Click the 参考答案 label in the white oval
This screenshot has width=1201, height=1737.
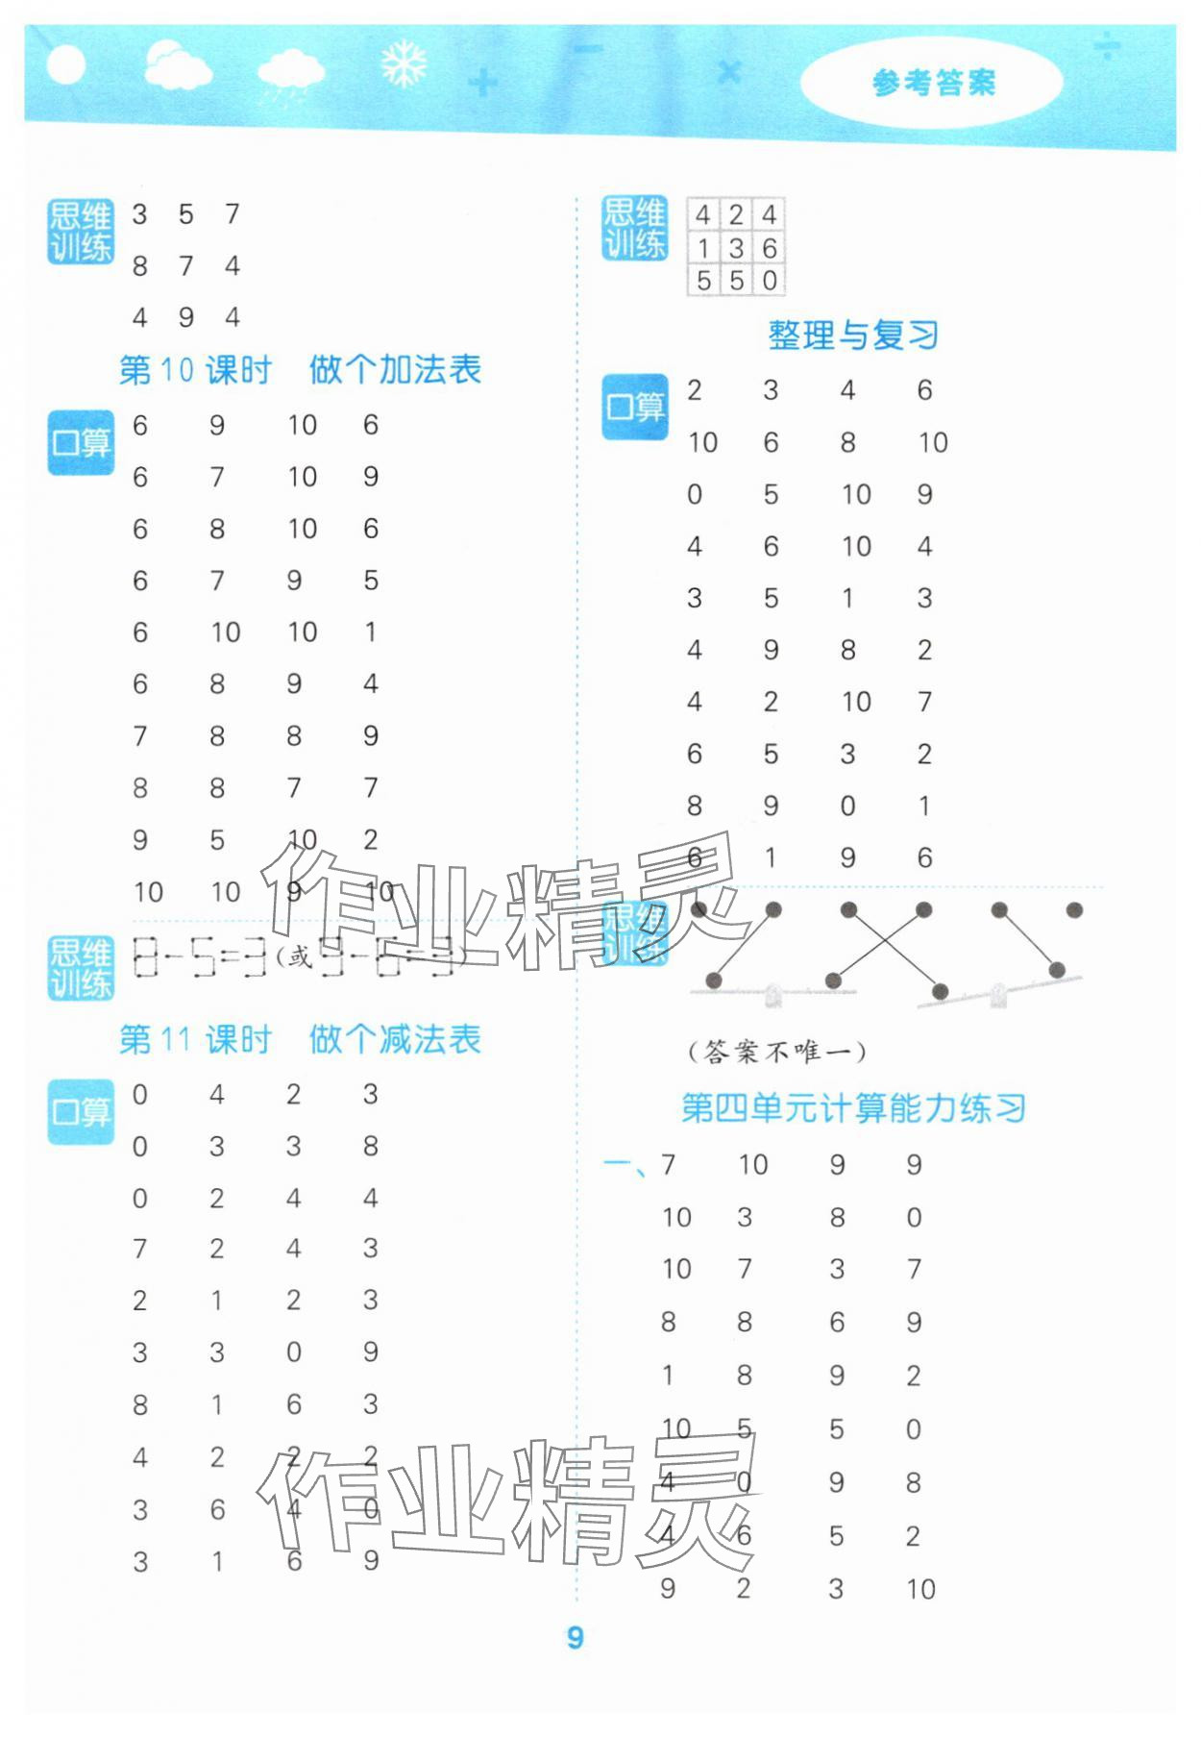[933, 84]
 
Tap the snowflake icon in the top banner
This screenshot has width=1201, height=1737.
[403, 64]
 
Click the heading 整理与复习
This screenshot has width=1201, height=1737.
[852, 335]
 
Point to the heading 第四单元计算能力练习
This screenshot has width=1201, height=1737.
[853, 1108]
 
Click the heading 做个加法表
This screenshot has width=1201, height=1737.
[395, 370]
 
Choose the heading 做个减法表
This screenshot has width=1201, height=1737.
[395, 1039]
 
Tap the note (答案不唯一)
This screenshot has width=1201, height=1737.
[776, 1052]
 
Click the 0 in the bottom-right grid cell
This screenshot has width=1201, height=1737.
[769, 281]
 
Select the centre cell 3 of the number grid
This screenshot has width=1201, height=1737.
[736, 248]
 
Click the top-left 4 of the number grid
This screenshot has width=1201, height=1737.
[703, 215]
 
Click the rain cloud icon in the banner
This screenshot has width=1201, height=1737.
[290, 73]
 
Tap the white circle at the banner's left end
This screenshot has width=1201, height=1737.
[65, 66]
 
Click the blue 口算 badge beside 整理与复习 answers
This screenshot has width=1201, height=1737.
[634, 408]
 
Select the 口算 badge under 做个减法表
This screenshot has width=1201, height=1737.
[81, 1112]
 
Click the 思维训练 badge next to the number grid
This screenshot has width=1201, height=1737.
[634, 229]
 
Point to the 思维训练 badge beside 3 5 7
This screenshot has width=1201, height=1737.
[81, 232]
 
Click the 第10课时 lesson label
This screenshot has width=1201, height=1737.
[195, 370]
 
